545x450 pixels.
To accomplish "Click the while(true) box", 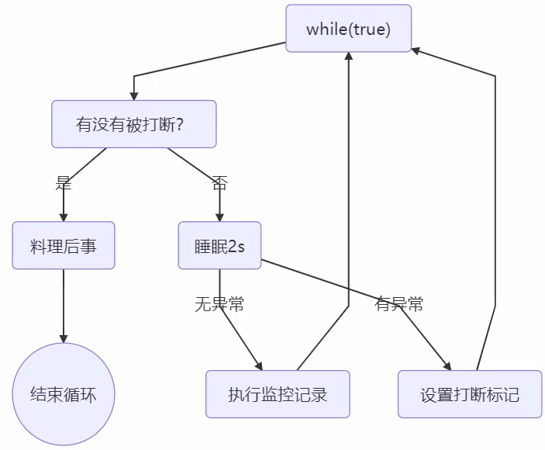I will (x=348, y=29).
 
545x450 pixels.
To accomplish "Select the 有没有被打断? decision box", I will (x=133, y=124).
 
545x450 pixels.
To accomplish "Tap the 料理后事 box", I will (x=64, y=246).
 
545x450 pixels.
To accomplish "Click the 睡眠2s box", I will (x=219, y=246).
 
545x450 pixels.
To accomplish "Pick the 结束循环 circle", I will (x=64, y=394).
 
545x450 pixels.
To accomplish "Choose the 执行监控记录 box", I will (x=278, y=394).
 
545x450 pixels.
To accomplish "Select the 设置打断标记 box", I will (x=470, y=394).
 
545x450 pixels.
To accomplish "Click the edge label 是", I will (x=64, y=183).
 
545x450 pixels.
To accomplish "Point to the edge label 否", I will (x=219, y=183).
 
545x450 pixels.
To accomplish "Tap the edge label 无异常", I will (x=219, y=304).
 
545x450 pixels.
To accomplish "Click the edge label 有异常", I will (x=399, y=304).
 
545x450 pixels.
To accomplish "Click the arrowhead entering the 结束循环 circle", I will (x=64, y=338).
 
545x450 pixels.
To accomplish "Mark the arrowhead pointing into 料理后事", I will (x=64, y=217).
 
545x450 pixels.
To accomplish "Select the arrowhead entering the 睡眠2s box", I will (x=219, y=217).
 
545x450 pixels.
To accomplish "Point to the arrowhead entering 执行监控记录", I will (x=258, y=365).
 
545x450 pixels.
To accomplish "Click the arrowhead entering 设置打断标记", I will (x=447, y=366).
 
